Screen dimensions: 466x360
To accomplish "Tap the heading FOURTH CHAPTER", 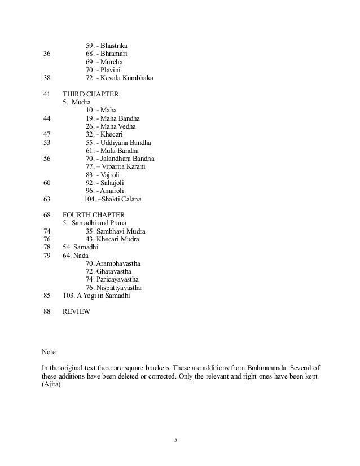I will tap(94, 215).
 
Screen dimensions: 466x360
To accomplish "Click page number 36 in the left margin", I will tap(47, 54).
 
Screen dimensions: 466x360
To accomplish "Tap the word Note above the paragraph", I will tap(50, 352).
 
